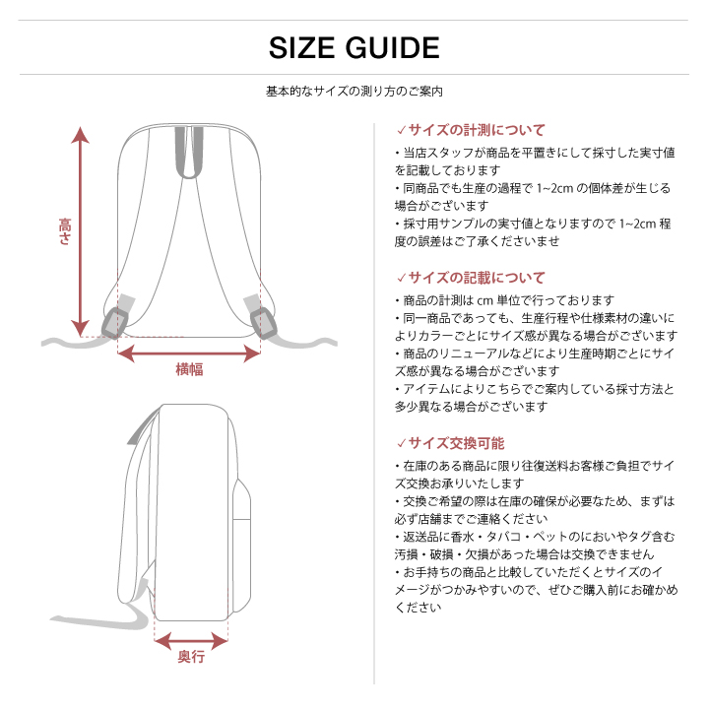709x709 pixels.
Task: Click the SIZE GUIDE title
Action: pyautogui.click(x=354, y=47)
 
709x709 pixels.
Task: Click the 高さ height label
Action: pyautogui.click(x=65, y=232)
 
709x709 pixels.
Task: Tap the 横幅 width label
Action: pyautogui.click(x=189, y=369)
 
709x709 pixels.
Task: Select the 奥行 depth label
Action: pyautogui.click(x=191, y=657)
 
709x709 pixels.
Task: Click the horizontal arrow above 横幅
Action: pyautogui.click(x=189, y=352)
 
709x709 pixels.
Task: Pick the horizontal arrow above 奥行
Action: pyautogui.click(x=191, y=639)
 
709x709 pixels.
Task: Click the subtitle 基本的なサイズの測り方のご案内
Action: pyautogui.click(x=354, y=92)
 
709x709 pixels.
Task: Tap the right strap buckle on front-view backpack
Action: pyautogui.click(x=262, y=321)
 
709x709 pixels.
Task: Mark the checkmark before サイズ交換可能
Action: pyautogui.click(x=401, y=443)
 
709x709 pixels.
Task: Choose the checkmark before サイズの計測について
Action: pyautogui.click(x=401, y=130)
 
